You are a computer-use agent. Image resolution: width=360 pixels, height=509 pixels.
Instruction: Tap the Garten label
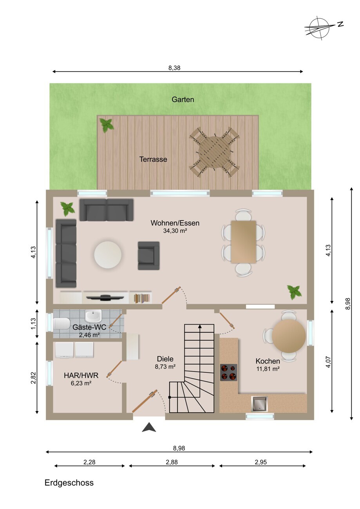(x=183, y=99)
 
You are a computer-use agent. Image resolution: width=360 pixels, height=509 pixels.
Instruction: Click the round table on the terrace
(x=213, y=152)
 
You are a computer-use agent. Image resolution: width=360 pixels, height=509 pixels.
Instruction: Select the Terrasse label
(x=153, y=159)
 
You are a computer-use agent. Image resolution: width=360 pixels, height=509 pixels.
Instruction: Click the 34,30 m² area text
(x=175, y=231)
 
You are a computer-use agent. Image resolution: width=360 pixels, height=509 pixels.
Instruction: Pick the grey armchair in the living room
(x=148, y=256)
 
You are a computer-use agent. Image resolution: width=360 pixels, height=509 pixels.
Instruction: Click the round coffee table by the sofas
(x=108, y=255)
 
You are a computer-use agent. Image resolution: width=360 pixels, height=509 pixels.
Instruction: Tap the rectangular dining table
(x=243, y=242)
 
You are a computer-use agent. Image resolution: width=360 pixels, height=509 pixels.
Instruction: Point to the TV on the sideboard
(x=105, y=297)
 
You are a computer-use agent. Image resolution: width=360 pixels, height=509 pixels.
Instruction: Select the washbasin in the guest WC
(x=93, y=316)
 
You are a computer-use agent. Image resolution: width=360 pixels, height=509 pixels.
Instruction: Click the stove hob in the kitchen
(x=228, y=372)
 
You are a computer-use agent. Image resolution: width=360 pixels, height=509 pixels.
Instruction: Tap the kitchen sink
(x=259, y=404)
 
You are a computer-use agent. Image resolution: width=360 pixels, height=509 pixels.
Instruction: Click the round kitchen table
(x=289, y=336)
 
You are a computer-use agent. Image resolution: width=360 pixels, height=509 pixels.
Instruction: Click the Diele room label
(x=165, y=359)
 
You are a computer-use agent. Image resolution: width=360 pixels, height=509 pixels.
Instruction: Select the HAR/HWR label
(x=81, y=375)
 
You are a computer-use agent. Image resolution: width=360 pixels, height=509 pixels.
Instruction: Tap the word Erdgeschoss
(x=69, y=483)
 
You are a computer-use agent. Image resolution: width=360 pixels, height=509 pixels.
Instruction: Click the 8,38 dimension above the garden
(x=174, y=68)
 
